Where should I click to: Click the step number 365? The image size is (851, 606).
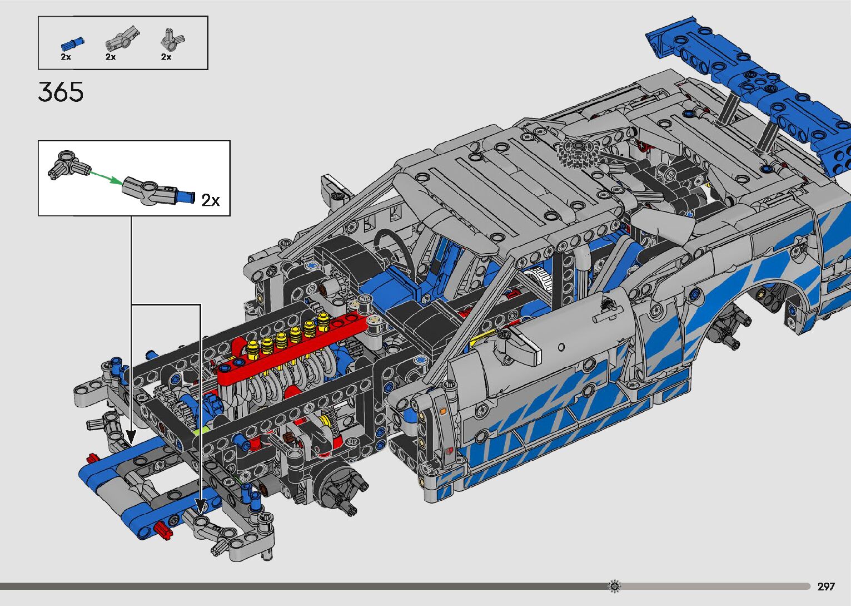coord(61,92)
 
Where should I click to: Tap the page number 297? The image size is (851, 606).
coord(826,586)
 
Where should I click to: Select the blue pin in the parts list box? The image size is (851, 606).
coord(73,44)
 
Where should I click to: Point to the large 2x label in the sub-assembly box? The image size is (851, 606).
coord(211,200)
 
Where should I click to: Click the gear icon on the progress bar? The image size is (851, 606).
coord(614,586)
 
